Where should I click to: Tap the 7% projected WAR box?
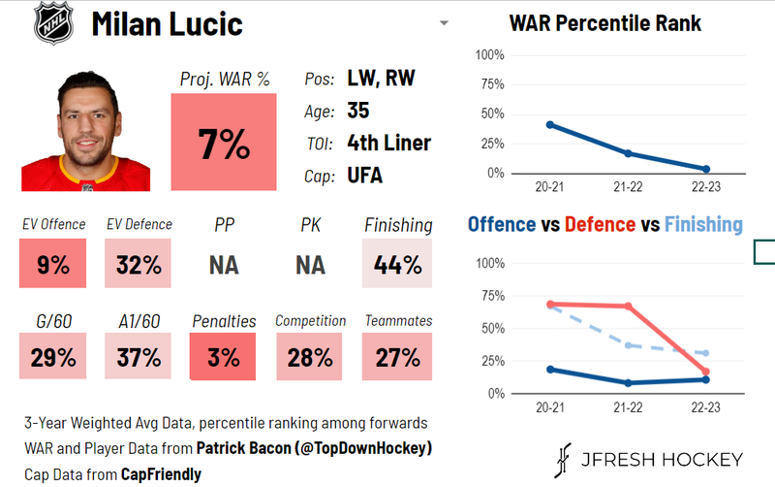223,144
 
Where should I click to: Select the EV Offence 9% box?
52,263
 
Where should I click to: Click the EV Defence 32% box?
138,263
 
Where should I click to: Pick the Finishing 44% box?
398,263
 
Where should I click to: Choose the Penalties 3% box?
223,356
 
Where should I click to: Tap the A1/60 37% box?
138,356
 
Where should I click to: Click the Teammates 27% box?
398,356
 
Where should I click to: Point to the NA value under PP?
223,264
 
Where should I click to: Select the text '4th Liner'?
388,144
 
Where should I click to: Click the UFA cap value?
364,176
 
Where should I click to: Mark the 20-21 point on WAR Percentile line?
549,124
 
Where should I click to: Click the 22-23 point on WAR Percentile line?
705,170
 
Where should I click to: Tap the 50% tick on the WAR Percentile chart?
491,114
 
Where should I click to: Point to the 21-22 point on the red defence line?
628,306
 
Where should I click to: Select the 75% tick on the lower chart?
491,296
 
